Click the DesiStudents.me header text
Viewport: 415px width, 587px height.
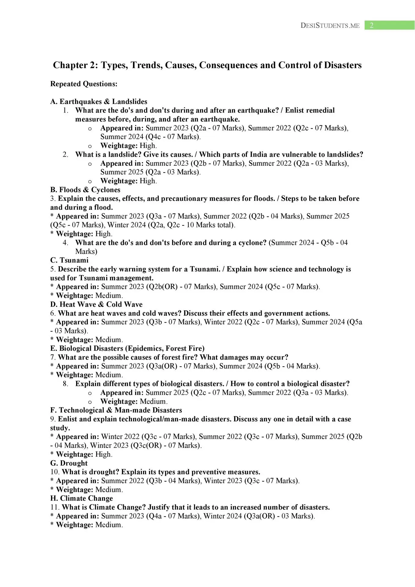pos(330,26)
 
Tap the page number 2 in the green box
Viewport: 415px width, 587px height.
pos(372,25)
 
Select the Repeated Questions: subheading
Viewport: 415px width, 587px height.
pos(84,84)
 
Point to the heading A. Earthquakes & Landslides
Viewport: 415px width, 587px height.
pos(99,102)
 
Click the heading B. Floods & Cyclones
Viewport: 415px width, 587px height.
pos(85,190)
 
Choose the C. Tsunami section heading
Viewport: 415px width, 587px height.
pos(69,260)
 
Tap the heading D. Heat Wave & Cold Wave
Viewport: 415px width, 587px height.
pos(96,304)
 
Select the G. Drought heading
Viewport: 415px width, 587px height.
pos(69,463)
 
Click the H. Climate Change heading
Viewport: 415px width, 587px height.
pos(82,498)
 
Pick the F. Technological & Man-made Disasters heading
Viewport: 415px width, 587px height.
pos(116,410)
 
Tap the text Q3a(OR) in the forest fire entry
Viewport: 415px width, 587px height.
pos(162,366)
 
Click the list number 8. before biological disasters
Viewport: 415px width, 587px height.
pos(66,384)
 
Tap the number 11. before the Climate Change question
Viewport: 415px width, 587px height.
pos(55,507)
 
